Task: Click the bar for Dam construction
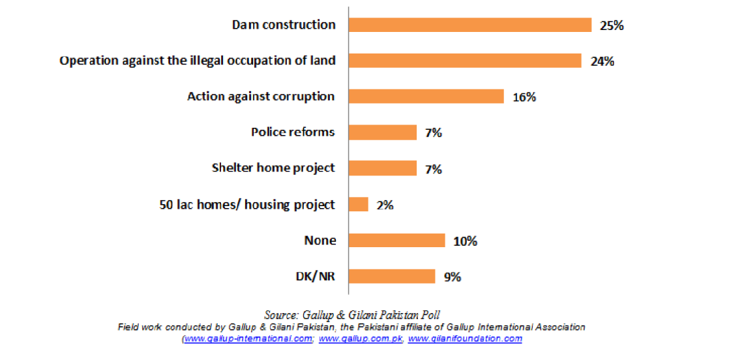(x=469, y=25)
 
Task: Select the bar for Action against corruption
(x=426, y=97)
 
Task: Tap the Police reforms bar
(x=382, y=132)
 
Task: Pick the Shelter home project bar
(x=382, y=168)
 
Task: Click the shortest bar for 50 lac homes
(x=359, y=204)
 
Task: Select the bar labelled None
(x=396, y=241)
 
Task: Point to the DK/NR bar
(x=391, y=277)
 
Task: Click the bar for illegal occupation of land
(x=464, y=61)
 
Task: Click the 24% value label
(x=603, y=62)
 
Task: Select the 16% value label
(x=524, y=97)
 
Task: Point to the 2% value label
(x=385, y=205)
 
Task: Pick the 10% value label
(x=466, y=241)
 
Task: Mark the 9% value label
(x=453, y=277)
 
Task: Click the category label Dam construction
(x=284, y=25)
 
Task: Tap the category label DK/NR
(x=316, y=276)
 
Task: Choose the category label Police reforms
(x=293, y=132)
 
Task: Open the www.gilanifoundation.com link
(x=465, y=339)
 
